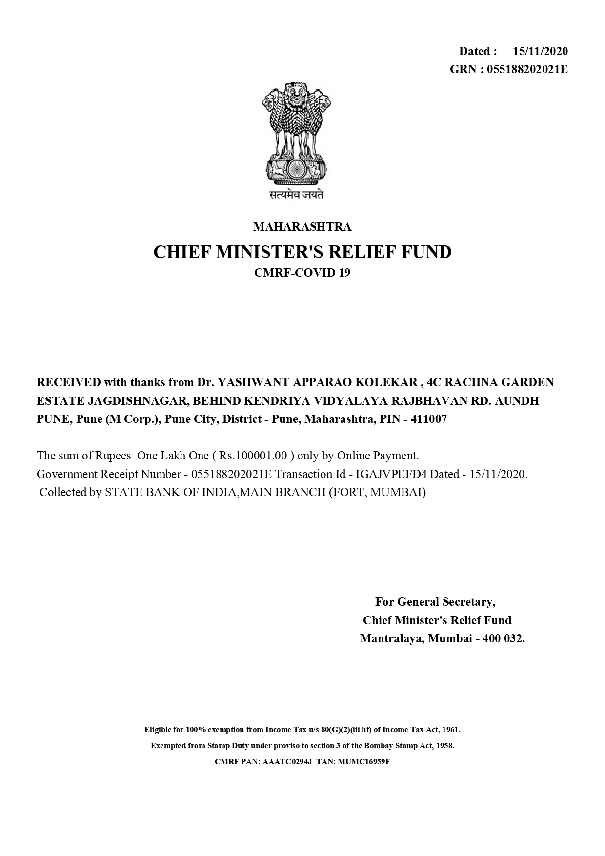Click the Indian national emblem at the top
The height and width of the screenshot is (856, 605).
point(296,134)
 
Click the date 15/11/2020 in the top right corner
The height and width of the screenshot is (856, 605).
point(540,51)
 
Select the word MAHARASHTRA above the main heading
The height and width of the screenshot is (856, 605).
point(302,227)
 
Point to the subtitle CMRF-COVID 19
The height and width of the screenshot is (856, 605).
point(302,273)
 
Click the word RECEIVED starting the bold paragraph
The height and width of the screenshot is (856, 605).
point(69,382)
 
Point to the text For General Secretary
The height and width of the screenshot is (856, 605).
point(435,602)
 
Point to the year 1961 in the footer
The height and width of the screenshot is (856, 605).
point(450,730)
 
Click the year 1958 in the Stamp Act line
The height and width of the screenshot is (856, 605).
point(444,746)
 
